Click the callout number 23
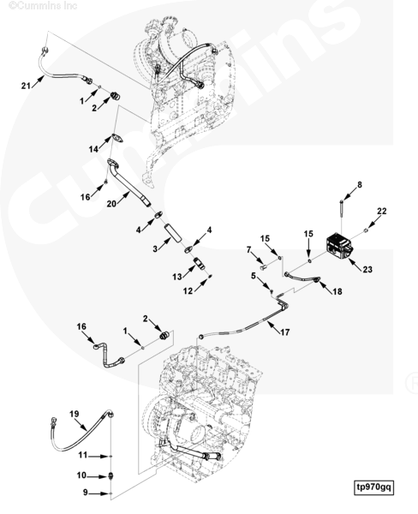click(x=367, y=269)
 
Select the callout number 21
click(x=26, y=86)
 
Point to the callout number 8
click(x=360, y=185)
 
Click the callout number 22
click(x=382, y=211)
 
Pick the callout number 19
click(x=75, y=414)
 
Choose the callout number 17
click(x=285, y=332)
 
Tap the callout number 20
click(x=111, y=204)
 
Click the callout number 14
click(x=93, y=149)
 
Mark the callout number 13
click(x=177, y=277)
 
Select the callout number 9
click(x=86, y=493)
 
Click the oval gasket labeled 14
click(x=117, y=138)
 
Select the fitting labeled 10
click(x=111, y=475)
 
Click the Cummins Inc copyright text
click(x=43, y=6)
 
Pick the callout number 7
click(x=248, y=250)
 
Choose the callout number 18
click(x=337, y=291)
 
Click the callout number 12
click(x=188, y=290)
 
